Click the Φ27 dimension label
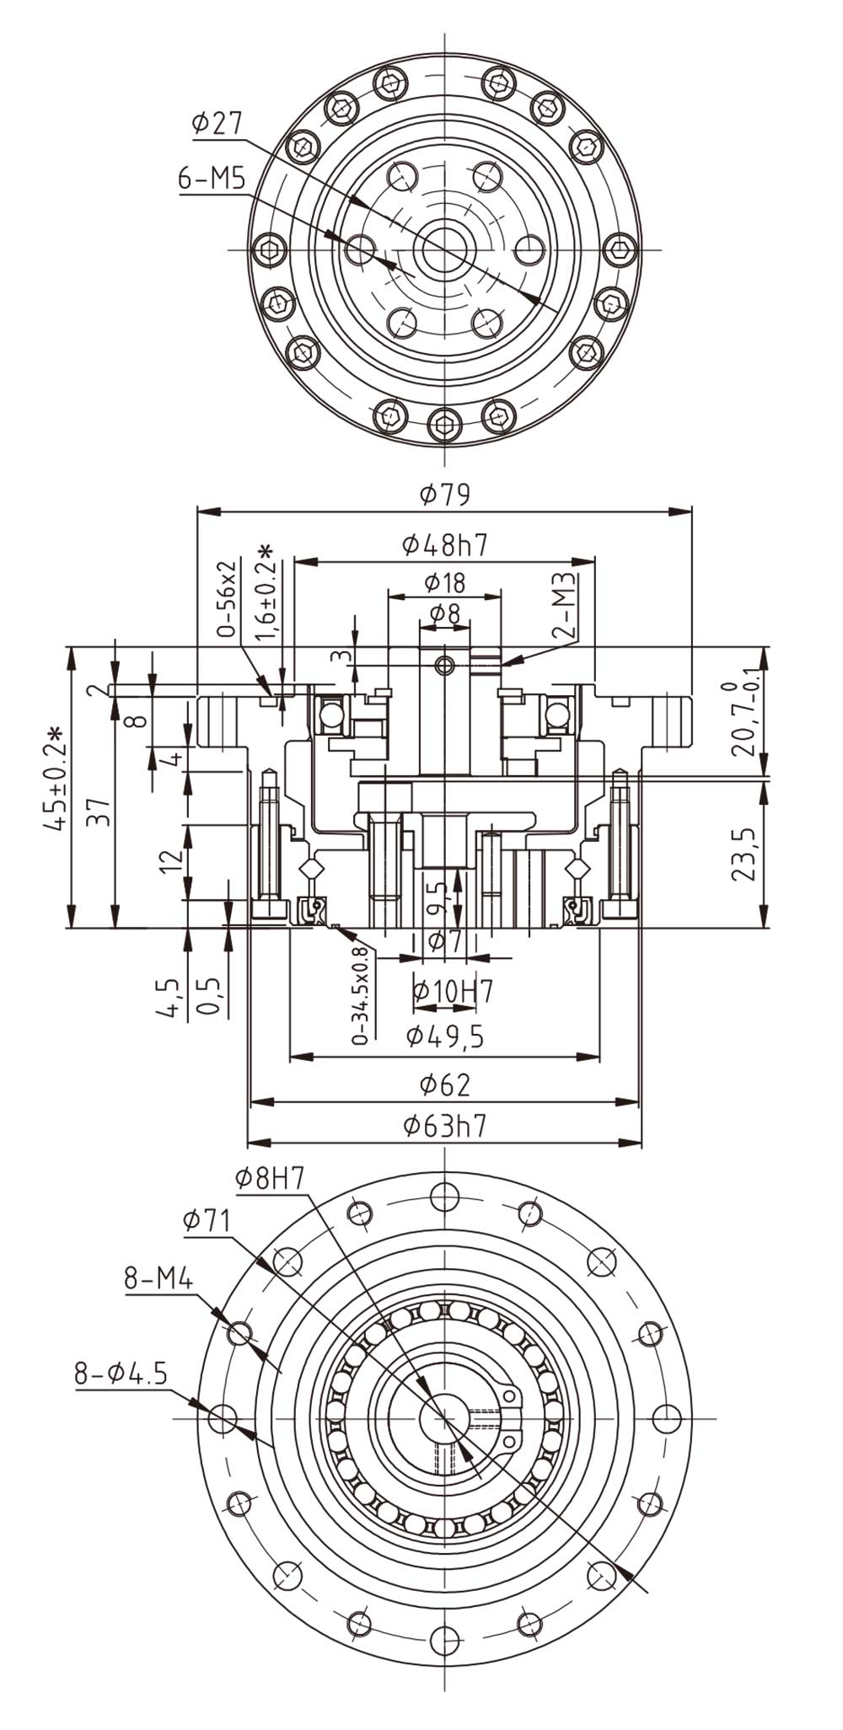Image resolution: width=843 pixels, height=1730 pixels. coord(217,123)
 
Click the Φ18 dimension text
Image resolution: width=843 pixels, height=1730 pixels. coord(445,582)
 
